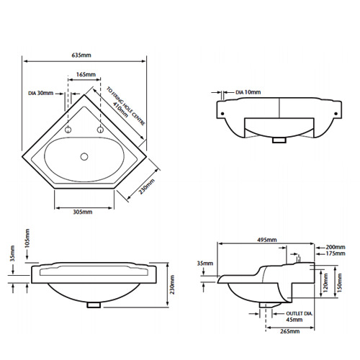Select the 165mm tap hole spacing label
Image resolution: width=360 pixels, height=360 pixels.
click(84, 74)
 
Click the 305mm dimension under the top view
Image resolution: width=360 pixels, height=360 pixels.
click(83, 212)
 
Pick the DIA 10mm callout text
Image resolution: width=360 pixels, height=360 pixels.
click(248, 92)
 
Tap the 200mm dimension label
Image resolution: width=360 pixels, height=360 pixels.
click(335, 246)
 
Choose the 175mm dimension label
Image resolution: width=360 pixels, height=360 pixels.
click(335, 253)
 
